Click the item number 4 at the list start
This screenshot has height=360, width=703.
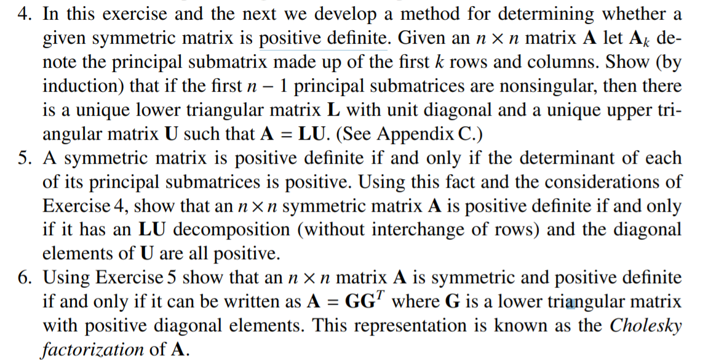(24, 14)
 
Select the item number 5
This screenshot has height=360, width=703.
(25, 158)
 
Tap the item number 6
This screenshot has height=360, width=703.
(25, 278)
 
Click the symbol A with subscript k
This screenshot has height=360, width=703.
(640, 39)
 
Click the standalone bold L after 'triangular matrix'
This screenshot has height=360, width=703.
(333, 110)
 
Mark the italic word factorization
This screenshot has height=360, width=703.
(93, 349)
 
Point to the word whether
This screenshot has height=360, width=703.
(636, 14)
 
